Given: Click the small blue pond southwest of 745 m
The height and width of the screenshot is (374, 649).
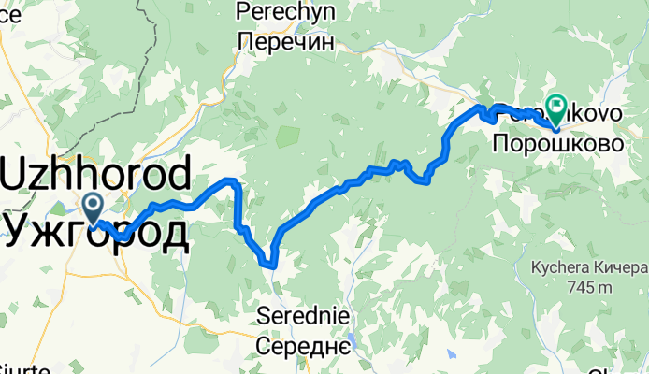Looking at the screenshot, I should (451, 356).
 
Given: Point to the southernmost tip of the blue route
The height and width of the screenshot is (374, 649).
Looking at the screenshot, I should (273, 266).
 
